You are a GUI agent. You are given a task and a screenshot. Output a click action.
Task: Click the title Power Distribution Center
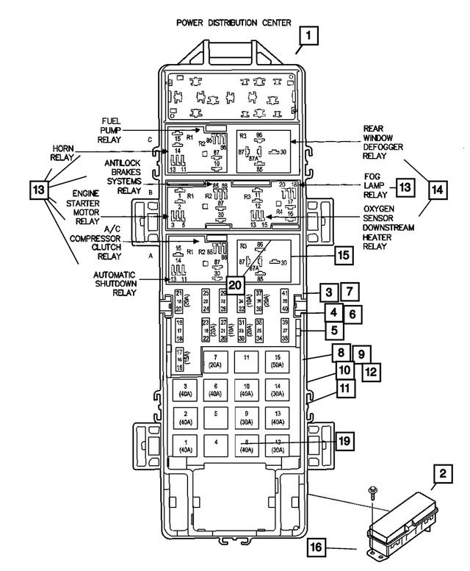tap(234, 23)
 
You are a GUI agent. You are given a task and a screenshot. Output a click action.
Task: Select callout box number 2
tap(442, 475)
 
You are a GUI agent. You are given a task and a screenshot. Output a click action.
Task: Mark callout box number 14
tap(436, 190)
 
